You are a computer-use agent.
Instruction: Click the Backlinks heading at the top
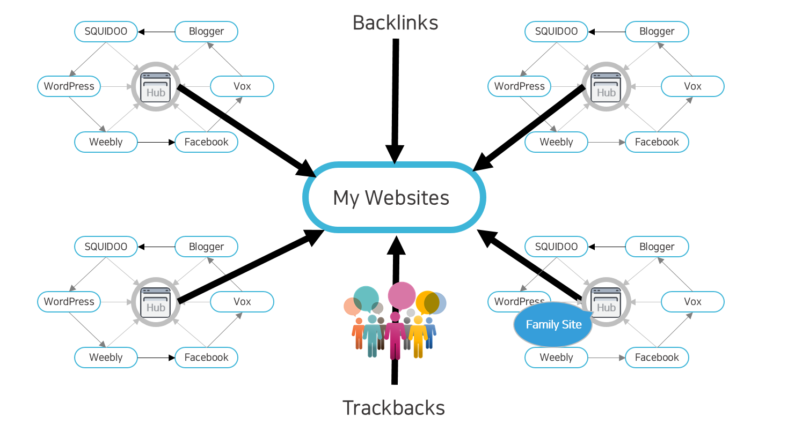[x=396, y=23]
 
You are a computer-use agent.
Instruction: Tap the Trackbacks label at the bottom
[x=393, y=408]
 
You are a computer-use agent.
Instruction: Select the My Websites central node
[x=394, y=197]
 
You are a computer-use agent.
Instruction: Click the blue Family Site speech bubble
[x=553, y=324]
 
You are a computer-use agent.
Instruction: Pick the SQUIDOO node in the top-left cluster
[x=106, y=32]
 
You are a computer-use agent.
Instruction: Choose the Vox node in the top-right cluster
[x=692, y=86]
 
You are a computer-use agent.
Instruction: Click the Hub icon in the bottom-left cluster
[x=156, y=302]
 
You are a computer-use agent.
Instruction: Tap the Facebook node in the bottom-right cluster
[x=657, y=358]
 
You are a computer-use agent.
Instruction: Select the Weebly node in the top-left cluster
[x=106, y=142]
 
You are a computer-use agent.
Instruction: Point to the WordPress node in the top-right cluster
[x=519, y=86]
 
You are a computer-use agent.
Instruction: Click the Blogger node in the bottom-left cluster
[x=206, y=247]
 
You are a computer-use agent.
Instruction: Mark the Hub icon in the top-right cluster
[x=606, y=86]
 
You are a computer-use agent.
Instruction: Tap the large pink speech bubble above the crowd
[x=402, y=295]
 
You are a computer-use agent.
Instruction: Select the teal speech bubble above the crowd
[x=366, y=299]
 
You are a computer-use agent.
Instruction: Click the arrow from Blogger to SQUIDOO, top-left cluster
[x=156, y=32]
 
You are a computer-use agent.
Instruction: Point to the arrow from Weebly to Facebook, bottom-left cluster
[x=156, y=358]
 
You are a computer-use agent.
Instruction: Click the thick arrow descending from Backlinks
[x=395, y=101]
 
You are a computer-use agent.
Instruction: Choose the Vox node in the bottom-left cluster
[x=242, y=302]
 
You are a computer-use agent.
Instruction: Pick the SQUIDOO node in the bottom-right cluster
[x=556, y=247]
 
